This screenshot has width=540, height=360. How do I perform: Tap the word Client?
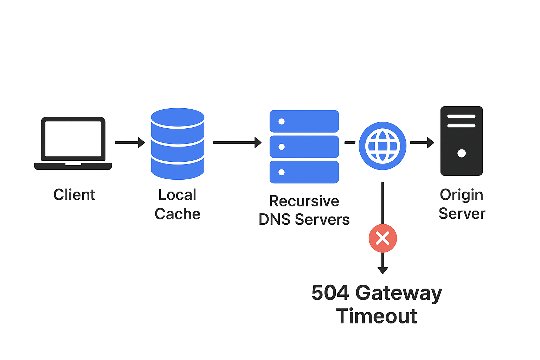(x=74, y=195)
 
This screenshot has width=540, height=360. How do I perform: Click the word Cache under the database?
(x=178, y=214)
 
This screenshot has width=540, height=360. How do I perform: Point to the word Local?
(x=177, y=195)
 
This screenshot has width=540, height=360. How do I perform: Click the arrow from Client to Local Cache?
(x=130, y=142)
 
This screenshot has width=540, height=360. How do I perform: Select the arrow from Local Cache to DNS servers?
(x=237, y=142)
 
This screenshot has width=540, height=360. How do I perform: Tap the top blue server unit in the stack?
(x=304, y=121)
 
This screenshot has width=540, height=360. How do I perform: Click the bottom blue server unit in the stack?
(x=304, y=172)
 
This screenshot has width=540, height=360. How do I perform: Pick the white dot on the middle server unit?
(x=282, y=147)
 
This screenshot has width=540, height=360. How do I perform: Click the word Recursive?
(x=304, y=201)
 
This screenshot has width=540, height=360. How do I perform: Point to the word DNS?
(x=275, y=219)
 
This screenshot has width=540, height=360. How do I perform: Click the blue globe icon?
(x=382, y=146)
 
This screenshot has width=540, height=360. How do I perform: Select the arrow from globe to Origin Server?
(x=422, y=142)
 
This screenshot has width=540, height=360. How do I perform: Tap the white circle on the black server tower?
(x=462, y=153)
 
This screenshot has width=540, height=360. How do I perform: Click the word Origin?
(x=462, y=195)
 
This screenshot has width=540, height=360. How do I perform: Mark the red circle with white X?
(x=382, y=238)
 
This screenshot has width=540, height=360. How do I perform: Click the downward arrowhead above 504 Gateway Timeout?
(x=382, y=270)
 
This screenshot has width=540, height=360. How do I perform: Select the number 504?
(x=330, y=293)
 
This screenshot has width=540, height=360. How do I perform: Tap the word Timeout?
(x=377, y=316)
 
